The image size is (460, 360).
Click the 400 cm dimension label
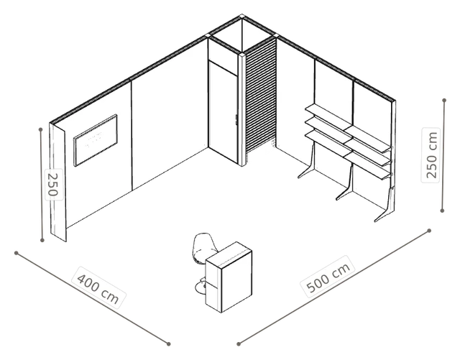(98, 287)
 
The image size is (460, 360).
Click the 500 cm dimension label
(328, 277)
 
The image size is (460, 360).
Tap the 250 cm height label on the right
(431, 155)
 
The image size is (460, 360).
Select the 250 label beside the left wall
(54, 185)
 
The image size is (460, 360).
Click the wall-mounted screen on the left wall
(96, 140)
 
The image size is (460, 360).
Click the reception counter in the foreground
(229, 277)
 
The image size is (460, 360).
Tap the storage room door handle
(236, 120)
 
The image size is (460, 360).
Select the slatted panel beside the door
(261, 96)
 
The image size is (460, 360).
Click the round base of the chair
(201, 287)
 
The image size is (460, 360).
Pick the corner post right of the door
(241, 109)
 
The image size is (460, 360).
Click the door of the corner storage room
(223, 111)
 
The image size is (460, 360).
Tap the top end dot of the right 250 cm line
(444, 101)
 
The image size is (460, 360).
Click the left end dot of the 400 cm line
(17, 253)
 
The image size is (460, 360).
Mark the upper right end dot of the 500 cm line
(429, 231)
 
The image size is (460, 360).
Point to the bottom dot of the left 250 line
(42, 240)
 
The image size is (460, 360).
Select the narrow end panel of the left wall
(57, 183)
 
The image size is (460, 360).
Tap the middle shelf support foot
(345, 185)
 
